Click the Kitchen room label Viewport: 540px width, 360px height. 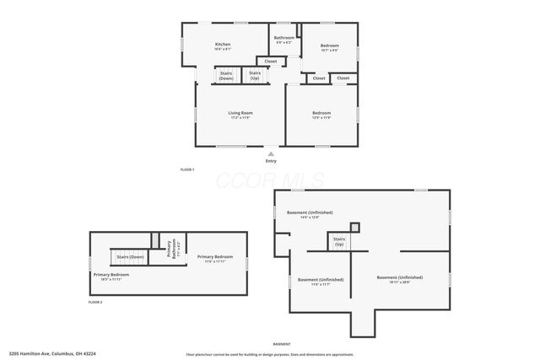pyautogui.click(x=223, y=45)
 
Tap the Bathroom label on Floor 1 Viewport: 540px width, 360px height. pyautogui.click(x=283, y=38)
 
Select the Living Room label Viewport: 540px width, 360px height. pyautogui.click(x=240, y=113)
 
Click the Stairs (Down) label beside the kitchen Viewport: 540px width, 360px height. pyautogui.click(x=226, y=76)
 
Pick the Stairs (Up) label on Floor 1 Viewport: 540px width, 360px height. pyautogui.click(x=255, y=76)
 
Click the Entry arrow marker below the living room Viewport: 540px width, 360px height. pyautogui.click(x=270, y=153)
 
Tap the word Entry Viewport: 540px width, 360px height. pyautogui.click(x=270, y=161)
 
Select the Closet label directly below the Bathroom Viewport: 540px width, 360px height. pyautogui.click(x=271, y=62)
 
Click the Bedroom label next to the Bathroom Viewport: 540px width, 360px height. pyautogui.click(x=329, y=46)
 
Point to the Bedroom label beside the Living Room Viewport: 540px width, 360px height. pyautogui.click(x=321, y=113)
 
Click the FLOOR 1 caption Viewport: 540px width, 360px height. pyautogui.click(x=187, y=170)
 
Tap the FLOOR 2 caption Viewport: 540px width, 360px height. pyautogui.click(x=95, y=302)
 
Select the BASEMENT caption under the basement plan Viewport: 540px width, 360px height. pyautogui.click(x=282, y=344)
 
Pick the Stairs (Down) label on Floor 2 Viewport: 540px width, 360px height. pyautogui.click(x=130, y=256)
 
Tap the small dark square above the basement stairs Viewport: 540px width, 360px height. pyautogui.click(x=354, y=226)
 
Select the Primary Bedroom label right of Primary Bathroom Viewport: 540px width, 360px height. pyautogui.click(x=214, y=256)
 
